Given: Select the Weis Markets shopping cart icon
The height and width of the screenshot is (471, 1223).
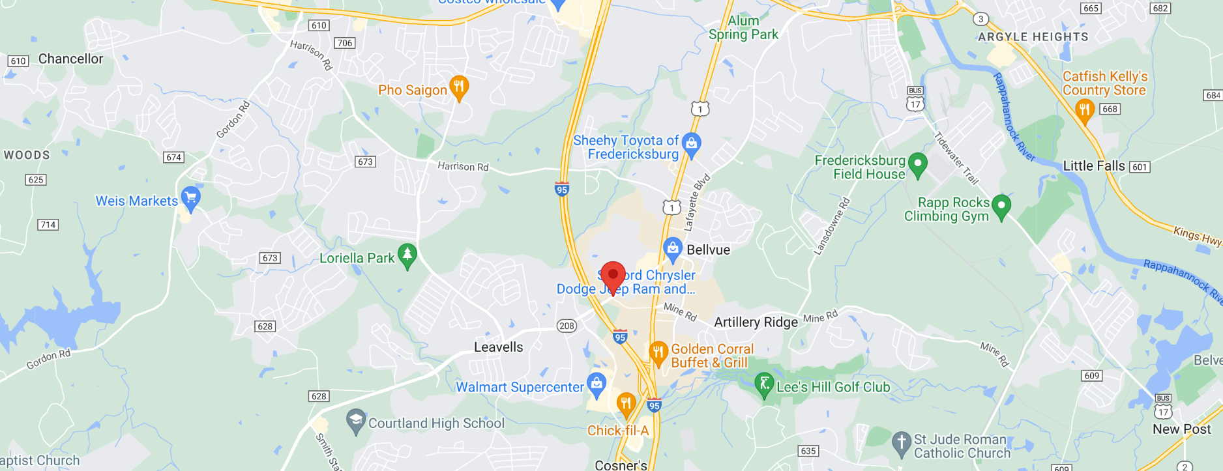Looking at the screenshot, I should click(x=190, y=198).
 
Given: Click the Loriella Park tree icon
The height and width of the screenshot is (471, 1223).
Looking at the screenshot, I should click(x=407, y=255).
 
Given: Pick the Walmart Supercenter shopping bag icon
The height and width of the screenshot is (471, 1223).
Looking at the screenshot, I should click(x=597, y=384).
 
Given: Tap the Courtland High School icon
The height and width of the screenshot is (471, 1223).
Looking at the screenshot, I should click(x=356, y=421).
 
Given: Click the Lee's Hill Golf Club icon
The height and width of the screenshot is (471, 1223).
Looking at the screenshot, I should click(x=764, y=384).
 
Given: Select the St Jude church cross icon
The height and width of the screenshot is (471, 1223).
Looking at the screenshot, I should click(x=902, y=443).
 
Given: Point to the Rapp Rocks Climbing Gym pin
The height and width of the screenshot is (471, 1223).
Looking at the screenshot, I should click(x=1001, y=207).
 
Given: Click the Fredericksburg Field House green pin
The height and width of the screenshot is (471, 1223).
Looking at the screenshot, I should click(x=918, y=164).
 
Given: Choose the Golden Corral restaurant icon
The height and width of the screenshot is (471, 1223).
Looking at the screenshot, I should click(x=658, y=352).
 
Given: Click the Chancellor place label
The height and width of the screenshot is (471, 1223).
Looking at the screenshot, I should click(x=70, y=59).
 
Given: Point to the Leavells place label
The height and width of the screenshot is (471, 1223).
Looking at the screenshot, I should click(x=498, y=347).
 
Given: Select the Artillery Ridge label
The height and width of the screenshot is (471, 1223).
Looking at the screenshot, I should click(x=756, y=322).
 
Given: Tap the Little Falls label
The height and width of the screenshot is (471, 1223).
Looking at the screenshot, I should click(x=1093, y=166).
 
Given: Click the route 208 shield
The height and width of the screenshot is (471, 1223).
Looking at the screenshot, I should click(x=567, y=326).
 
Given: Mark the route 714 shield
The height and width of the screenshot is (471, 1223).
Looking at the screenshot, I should click(x=48, y=225).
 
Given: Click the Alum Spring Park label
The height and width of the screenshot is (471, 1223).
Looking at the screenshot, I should click(x=743, y=28).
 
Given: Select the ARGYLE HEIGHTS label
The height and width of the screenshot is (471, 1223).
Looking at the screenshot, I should click(x=1033, y=37).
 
